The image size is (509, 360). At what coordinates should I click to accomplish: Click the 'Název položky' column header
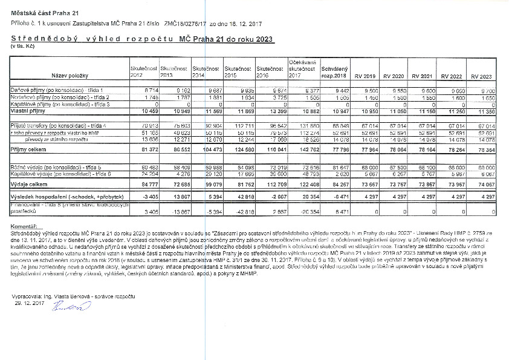(70, 76)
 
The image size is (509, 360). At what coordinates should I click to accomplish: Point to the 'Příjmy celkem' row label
(28, 148)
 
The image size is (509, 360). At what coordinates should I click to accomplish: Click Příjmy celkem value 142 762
(304, 148)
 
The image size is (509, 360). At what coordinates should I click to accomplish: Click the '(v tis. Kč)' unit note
(21, 46)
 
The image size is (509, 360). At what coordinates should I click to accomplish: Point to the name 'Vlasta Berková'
(75, 296)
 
